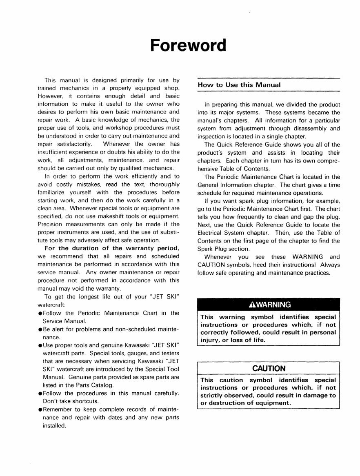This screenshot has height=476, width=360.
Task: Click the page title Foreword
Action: [188, 45]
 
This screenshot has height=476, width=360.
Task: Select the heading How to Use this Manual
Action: [239, 85]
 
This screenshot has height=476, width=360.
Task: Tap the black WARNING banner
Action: [269, 305]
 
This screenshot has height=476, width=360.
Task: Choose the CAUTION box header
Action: [269, 368]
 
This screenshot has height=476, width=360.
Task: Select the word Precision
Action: [49, 224]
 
